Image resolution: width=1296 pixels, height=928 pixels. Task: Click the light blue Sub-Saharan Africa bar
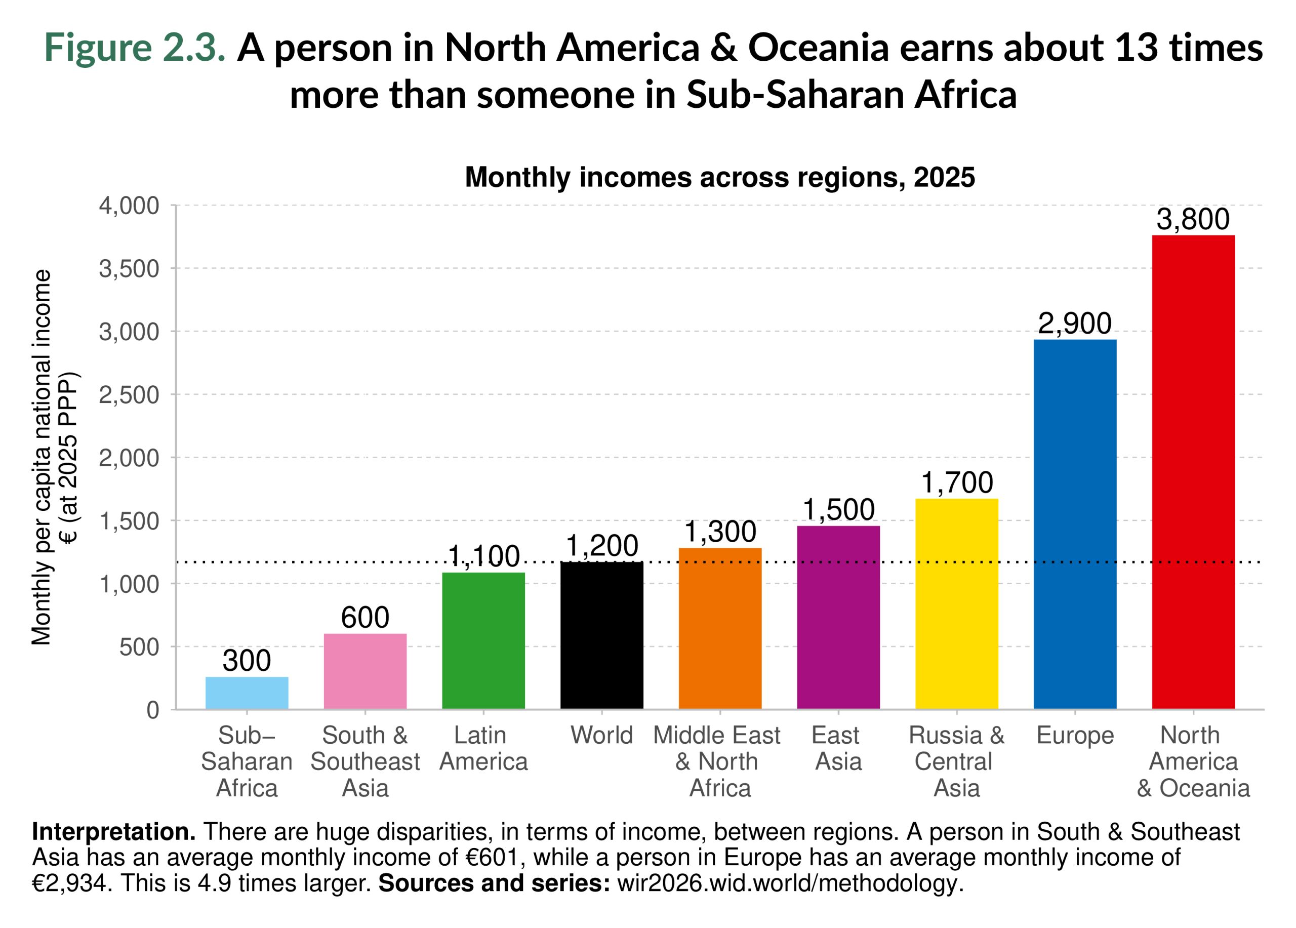point(247,693)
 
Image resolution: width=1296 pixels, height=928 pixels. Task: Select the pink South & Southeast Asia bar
point(365,671)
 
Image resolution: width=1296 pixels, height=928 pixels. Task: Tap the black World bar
point(602,635)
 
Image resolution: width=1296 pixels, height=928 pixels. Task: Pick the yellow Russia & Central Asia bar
point(957,604)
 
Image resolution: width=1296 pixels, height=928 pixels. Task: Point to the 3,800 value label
point(1193,219)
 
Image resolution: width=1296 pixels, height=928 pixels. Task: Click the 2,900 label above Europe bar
point(1075,324)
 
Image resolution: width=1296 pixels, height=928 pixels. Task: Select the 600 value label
point(365,618)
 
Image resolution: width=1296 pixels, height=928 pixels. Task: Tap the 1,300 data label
point(720,532)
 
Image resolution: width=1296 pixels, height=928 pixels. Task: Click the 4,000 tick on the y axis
point(129,206)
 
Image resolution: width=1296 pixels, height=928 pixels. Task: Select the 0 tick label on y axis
point(152,710)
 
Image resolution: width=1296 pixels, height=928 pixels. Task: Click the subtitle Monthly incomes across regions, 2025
point(720,177)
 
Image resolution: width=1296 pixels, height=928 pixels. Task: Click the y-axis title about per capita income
point(54,457)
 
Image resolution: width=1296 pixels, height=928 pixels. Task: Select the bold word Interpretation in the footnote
point(113,832)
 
